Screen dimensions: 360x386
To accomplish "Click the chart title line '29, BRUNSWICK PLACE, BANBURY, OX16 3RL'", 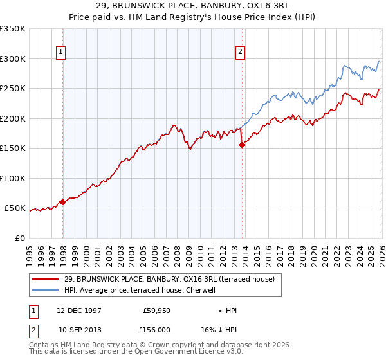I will tap(193, 6).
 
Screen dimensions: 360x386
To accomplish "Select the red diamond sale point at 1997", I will tap(62, 203).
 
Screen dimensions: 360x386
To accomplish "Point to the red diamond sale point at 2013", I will tap(242, 145).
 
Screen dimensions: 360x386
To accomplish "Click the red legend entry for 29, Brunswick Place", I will tap(169, 279).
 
